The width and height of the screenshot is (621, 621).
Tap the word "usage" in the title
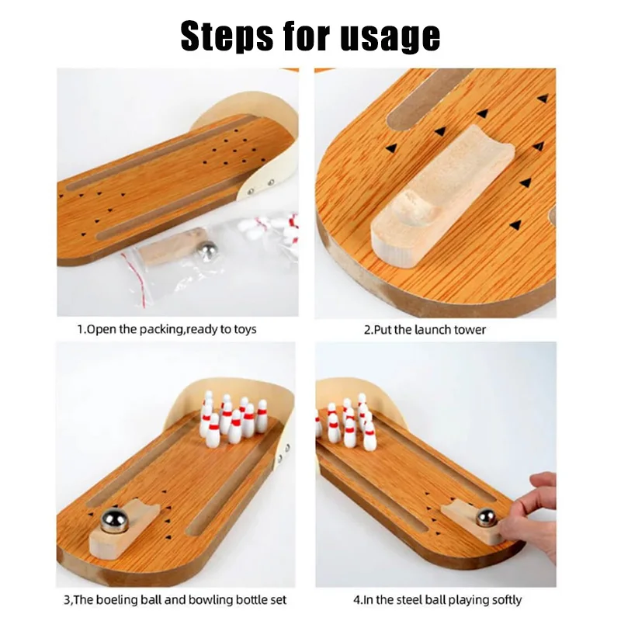click(x=390, y=37)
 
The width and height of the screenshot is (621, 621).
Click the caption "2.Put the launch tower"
click(x=425, y=329)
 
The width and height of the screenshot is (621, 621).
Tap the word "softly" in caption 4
click(x=502, y=599)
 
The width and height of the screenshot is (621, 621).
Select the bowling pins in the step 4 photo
click(x=345, y=423)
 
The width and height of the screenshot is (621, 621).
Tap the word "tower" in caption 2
click(x=470, y=329)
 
